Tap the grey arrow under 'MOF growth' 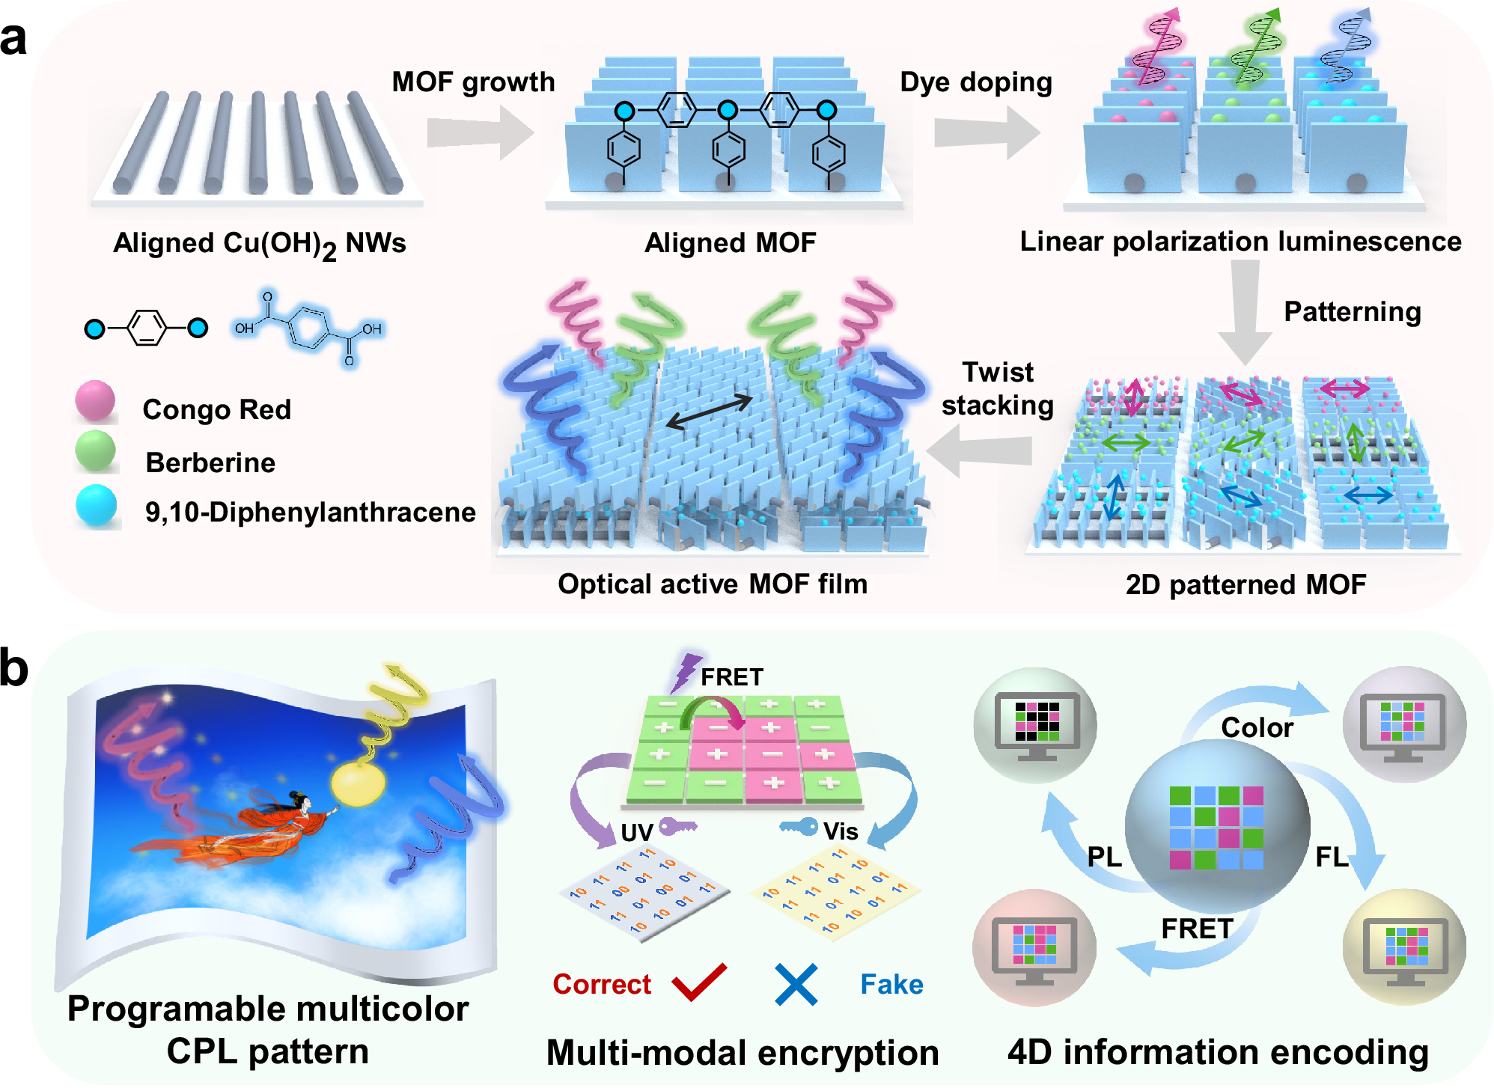click(x=480, y=132)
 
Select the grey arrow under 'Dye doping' click(x=987, y=133)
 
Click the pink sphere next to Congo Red click(x=95, y=400)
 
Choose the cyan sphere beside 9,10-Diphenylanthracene click(x=97, y=505)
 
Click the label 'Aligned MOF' click(x=730, y=243)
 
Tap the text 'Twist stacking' click(x=997, y=388)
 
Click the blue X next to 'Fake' click(x=796, y=984)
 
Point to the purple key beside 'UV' click(x=678, y=826)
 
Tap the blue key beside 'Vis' click(x=799, y=827)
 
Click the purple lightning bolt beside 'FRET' click(x=683, y=672)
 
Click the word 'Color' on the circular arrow click(x=1257, y=727)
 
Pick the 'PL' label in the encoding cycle click(x=1104, y=857)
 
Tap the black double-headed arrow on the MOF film click(x=708, y=412)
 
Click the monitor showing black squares click(x=1037, y=723)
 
